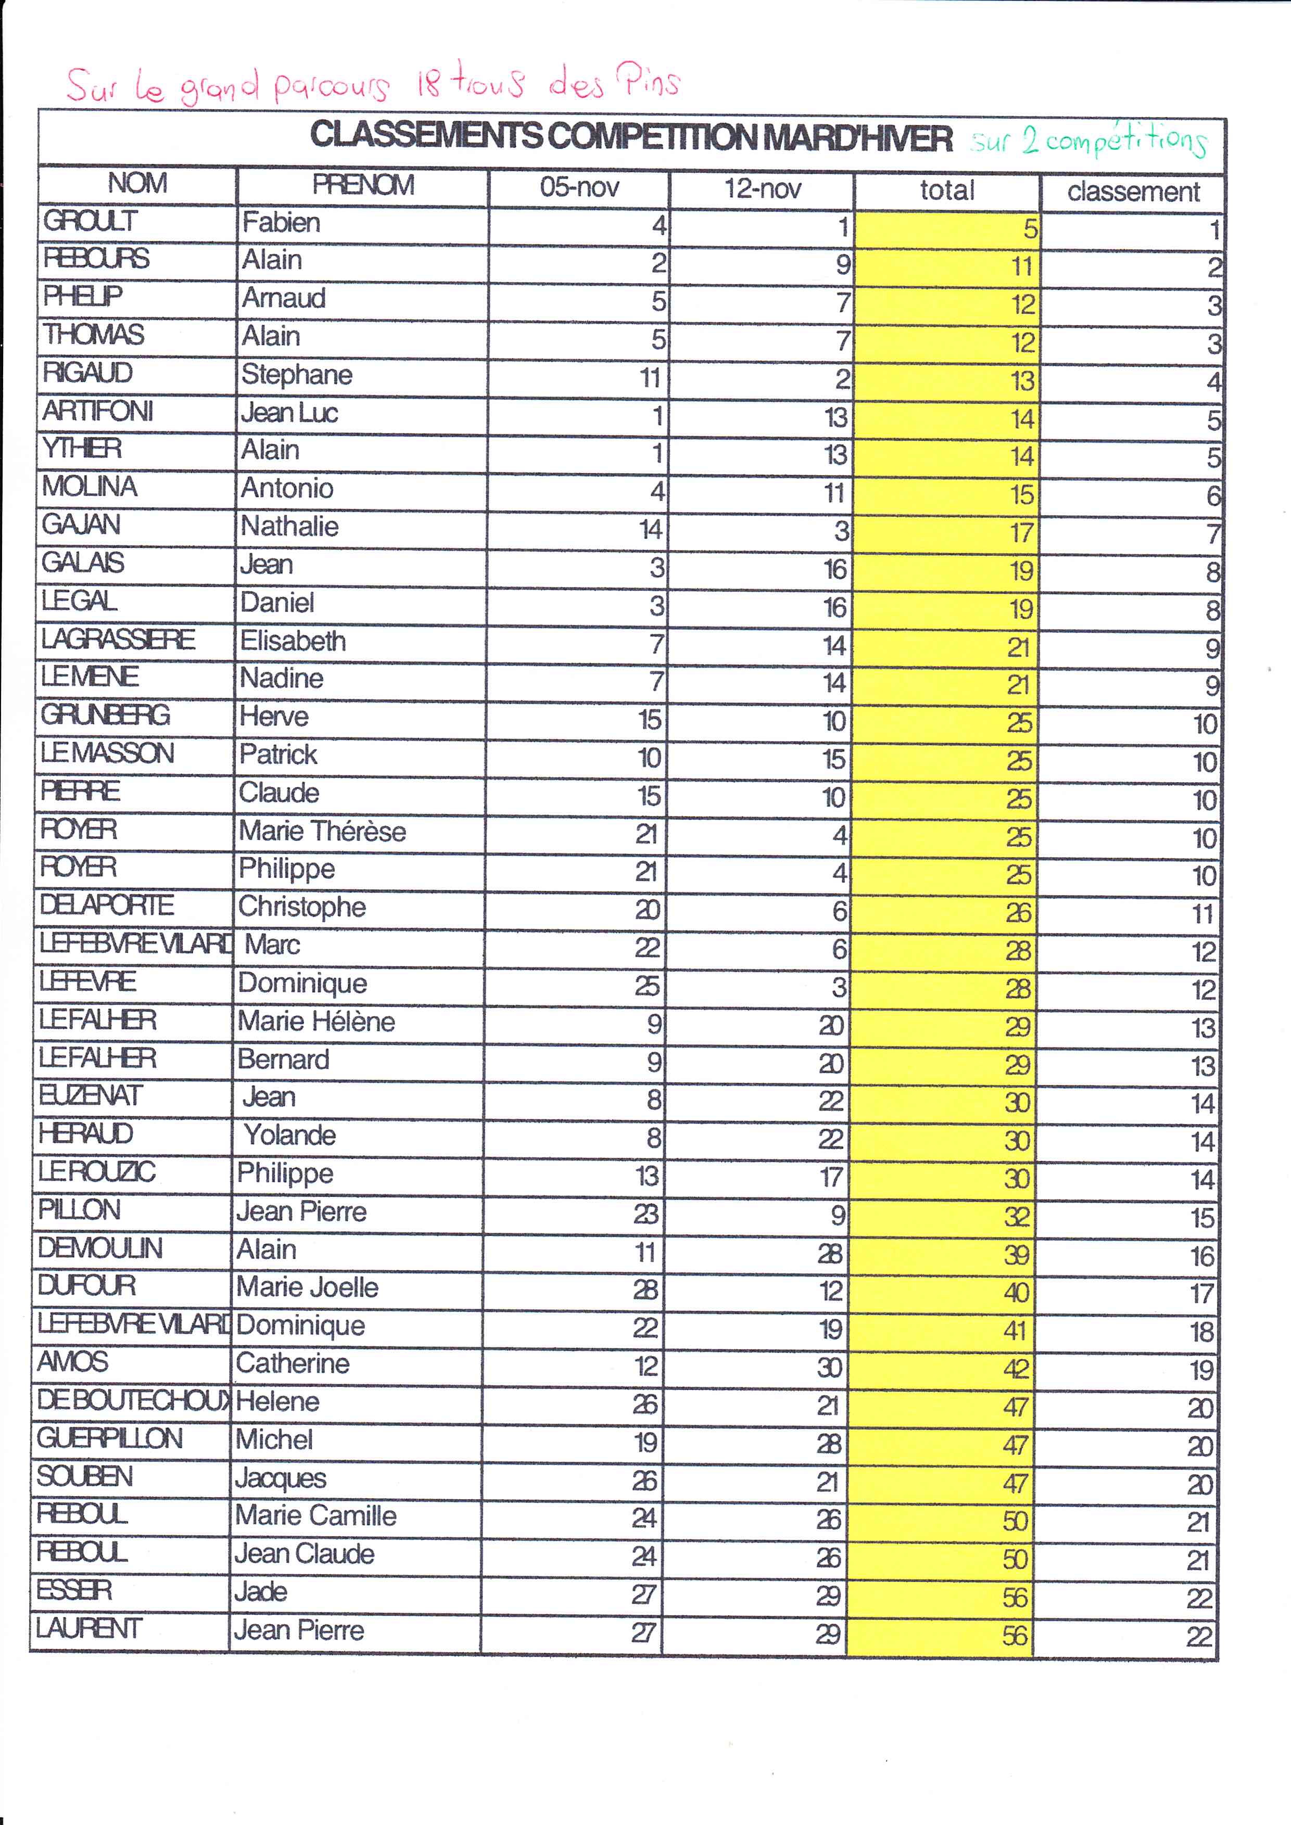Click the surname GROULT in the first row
click(90, 221)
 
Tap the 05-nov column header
click(579, 187)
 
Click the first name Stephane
click(297, 374)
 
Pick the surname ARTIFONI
click(98, 411)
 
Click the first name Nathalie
click(289, 526)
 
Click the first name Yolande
click(289, 1135)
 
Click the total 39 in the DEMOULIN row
click(1016, 1255)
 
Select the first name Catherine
click(293, 1363)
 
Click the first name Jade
click(261, 1591)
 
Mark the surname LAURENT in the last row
click(88, 1629)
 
